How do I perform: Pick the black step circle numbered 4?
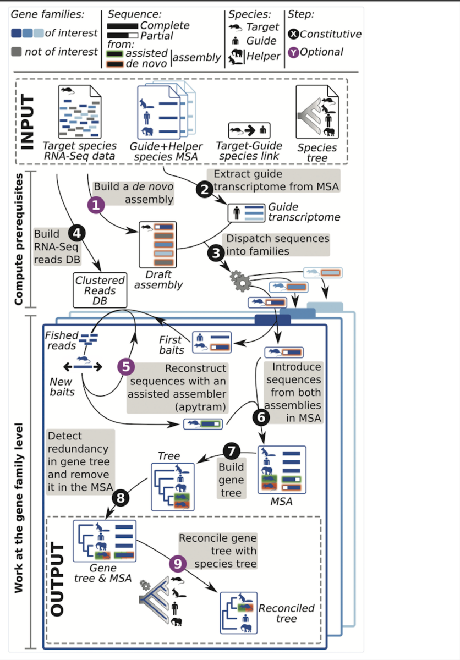76,234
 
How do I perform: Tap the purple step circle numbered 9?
177,563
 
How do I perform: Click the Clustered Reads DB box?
100,290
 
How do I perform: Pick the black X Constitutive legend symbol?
294,34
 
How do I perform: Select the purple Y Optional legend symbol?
294,53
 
